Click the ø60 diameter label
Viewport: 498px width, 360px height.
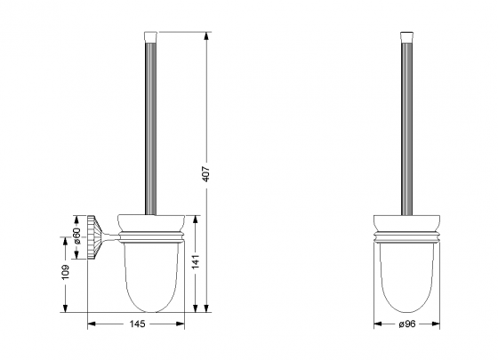coord(77,237)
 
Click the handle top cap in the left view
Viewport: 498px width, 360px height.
coord(148,37)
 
